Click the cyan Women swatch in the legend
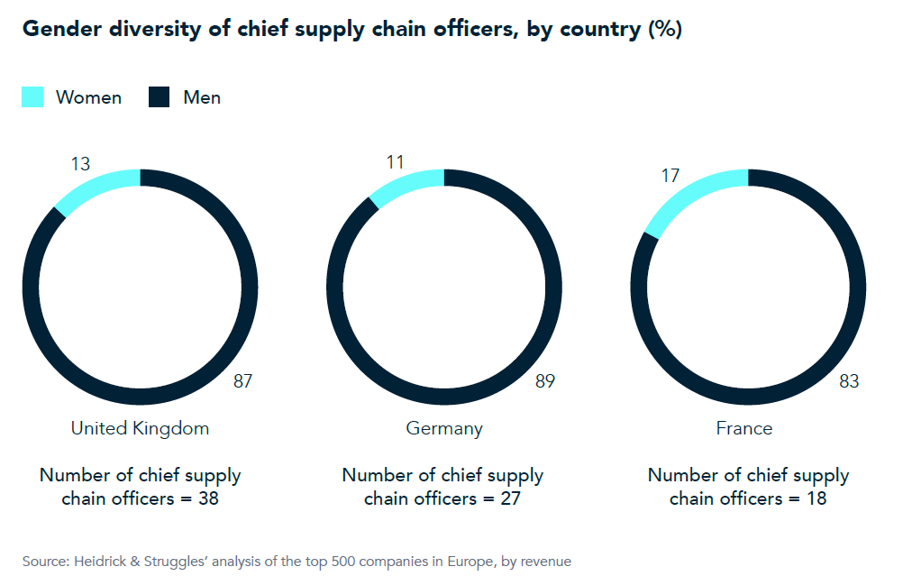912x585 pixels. coord(32,97)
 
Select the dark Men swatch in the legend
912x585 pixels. coord(160,97)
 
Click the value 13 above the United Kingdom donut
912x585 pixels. coord(80,163)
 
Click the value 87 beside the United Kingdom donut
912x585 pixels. coord(242,381)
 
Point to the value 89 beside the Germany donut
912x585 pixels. coord(545,381)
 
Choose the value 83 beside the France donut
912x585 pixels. coord(849,381)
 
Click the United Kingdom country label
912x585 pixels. coord(140,428)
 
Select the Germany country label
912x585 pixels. coord(444,428)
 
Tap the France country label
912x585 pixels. coord(744,428)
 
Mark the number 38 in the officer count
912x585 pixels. coord(207,498)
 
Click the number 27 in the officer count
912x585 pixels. coord(510,498)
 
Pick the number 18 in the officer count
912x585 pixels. coord(816,498)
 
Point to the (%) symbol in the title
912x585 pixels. coord(664,30)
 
